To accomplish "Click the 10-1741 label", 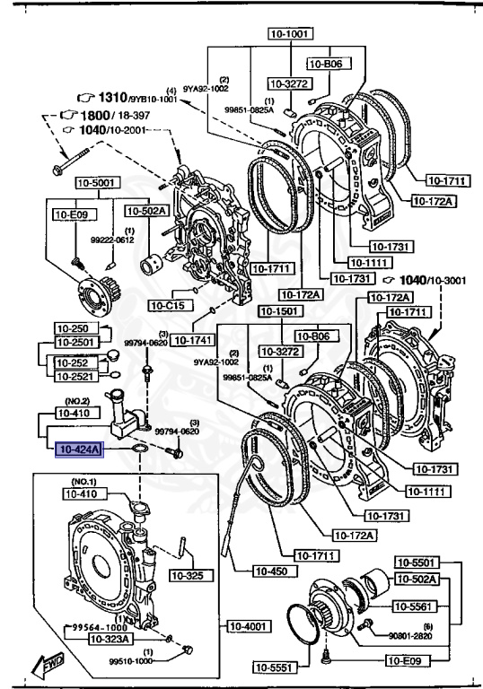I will (191, 340).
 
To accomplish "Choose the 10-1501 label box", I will (278, 310).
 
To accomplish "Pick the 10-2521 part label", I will (75, 375).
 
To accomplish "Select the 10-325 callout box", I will (187, 575).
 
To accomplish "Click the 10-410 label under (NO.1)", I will (83, 493).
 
